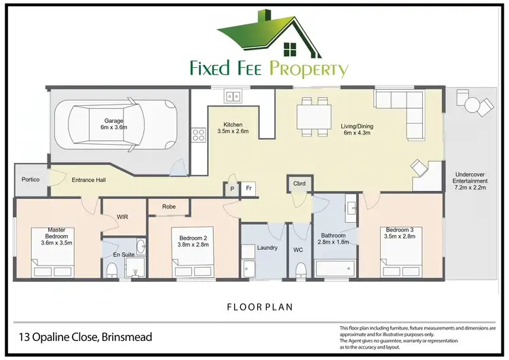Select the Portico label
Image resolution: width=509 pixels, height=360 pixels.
click(x=31, y=179)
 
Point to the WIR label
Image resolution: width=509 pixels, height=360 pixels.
click(x=123, y=217)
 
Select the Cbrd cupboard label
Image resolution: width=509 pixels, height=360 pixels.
click(x=299, y=183)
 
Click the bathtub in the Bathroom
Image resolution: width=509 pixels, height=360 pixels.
click(x=335, y=269)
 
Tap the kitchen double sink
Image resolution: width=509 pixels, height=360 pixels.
click(x=233, y=96)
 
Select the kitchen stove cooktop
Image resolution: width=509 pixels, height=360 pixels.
click(x=200, y=134)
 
